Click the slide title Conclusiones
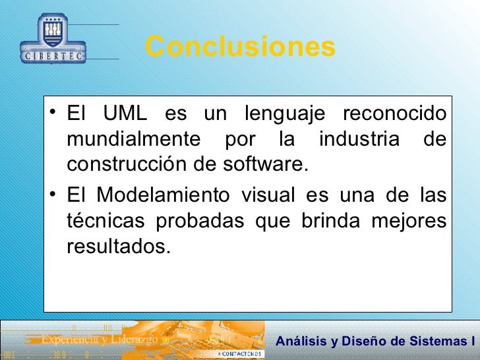pos(240,47)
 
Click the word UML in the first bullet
pos(129,114)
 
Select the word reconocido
pos(394,114)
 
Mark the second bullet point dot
pos(53,194)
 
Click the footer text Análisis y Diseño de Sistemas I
pos(375,341)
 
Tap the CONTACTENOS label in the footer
pos(240,354)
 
